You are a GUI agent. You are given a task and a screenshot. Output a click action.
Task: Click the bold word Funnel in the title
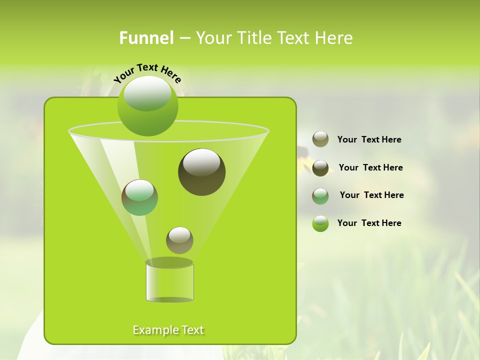click(x=146, y=38)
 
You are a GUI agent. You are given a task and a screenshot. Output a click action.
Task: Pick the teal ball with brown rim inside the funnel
click(x=139, y=198)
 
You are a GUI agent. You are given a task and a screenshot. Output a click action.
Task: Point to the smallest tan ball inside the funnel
click(x=179, y=240)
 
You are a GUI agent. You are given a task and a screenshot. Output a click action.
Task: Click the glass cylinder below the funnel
click(x=169, y=283)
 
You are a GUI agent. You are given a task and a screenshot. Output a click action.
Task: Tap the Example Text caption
click(x=168, y=330)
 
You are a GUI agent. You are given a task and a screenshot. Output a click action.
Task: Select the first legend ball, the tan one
click(x=320, y=139)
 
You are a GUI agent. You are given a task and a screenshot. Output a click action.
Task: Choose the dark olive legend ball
click(x=320, y=168)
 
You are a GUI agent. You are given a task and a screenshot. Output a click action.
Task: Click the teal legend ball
click(x=320, y=196)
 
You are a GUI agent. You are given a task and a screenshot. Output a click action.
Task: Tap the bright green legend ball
click(x=320, y=223)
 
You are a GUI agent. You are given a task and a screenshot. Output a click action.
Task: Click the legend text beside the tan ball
click(x=369, y=139)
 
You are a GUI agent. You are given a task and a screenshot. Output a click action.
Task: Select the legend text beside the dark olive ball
click(x=370, y=167)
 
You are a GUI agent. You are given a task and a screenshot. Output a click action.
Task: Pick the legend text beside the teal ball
click(x=371, y=195)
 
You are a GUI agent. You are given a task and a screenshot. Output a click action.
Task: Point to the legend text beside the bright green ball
click(x=369, y=223)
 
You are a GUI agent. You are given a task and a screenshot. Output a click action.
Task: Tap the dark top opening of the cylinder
click(x=169, y=262)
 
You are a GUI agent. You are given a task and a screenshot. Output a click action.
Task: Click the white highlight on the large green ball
click(x=147, y=93)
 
